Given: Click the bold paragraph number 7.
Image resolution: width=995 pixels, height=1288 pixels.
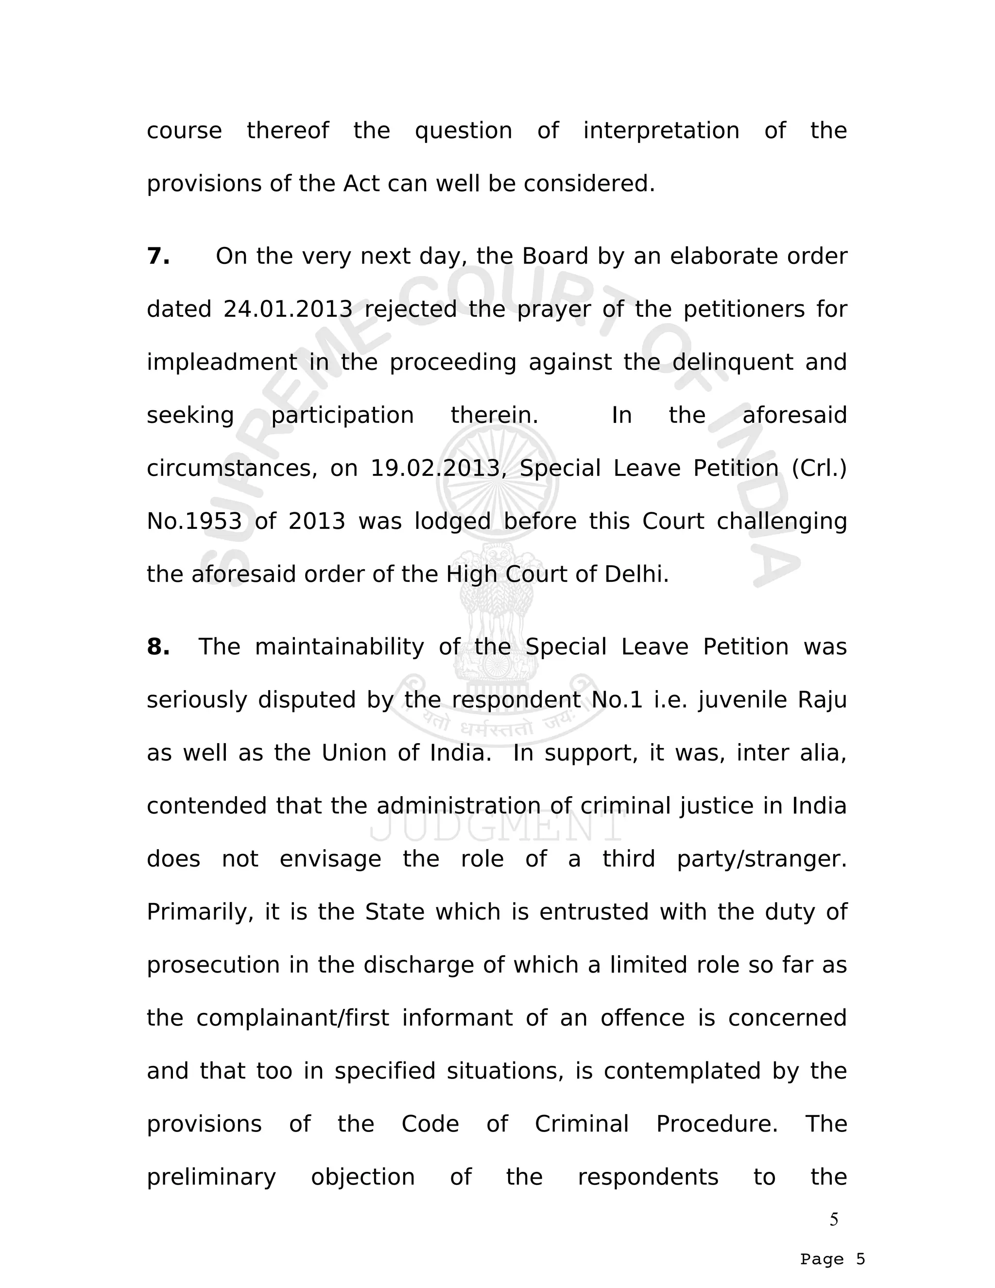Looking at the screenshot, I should pos(158,257).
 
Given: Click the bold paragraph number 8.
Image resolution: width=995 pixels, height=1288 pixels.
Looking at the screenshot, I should pos(158,647).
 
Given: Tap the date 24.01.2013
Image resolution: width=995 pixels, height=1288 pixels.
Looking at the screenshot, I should pos(288,309).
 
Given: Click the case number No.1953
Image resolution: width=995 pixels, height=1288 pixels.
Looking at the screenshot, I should pos(194,522).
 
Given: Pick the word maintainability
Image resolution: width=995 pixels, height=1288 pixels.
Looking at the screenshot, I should pos(339,647).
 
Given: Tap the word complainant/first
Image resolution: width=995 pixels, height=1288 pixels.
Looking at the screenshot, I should pos(292,1018).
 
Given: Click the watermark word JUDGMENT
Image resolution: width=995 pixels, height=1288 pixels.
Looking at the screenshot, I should pos(497,827).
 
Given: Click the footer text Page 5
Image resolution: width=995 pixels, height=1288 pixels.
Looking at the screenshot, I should pos(832,1259).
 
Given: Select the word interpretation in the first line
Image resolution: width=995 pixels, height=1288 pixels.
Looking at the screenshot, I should pos(661,130).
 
